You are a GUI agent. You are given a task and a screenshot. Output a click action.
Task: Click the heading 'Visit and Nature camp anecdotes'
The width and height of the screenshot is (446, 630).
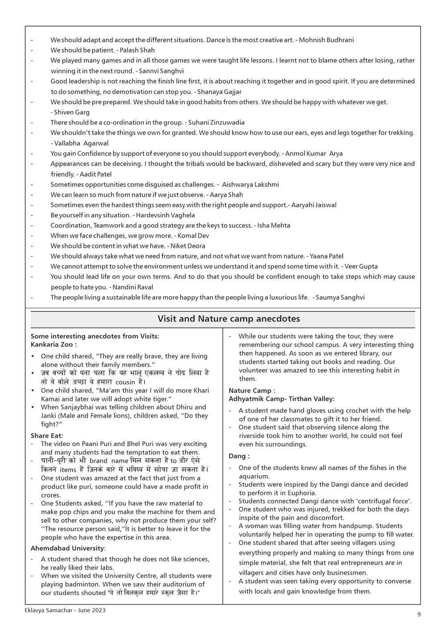228,319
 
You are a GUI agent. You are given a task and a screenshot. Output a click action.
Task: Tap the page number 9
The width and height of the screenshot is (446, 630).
419,614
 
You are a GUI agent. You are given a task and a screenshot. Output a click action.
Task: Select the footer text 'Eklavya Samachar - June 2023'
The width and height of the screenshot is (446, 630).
65,610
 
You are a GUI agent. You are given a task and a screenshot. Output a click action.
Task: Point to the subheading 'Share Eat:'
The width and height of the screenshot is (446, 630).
47,436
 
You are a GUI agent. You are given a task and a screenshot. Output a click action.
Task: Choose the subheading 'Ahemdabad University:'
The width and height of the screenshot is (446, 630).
68,548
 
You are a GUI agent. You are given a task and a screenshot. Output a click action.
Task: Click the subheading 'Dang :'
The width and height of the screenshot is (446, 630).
239,456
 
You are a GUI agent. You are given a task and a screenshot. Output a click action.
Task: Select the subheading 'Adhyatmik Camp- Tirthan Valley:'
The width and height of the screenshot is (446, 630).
281,399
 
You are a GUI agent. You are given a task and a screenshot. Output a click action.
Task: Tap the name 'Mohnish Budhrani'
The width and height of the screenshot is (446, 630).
326,40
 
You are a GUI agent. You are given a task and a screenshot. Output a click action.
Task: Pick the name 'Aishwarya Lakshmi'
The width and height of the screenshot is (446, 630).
250,185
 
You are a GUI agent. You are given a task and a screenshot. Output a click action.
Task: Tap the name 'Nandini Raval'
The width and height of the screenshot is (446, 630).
133,288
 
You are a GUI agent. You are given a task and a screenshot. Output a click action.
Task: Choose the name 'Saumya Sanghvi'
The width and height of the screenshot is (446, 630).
340,297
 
